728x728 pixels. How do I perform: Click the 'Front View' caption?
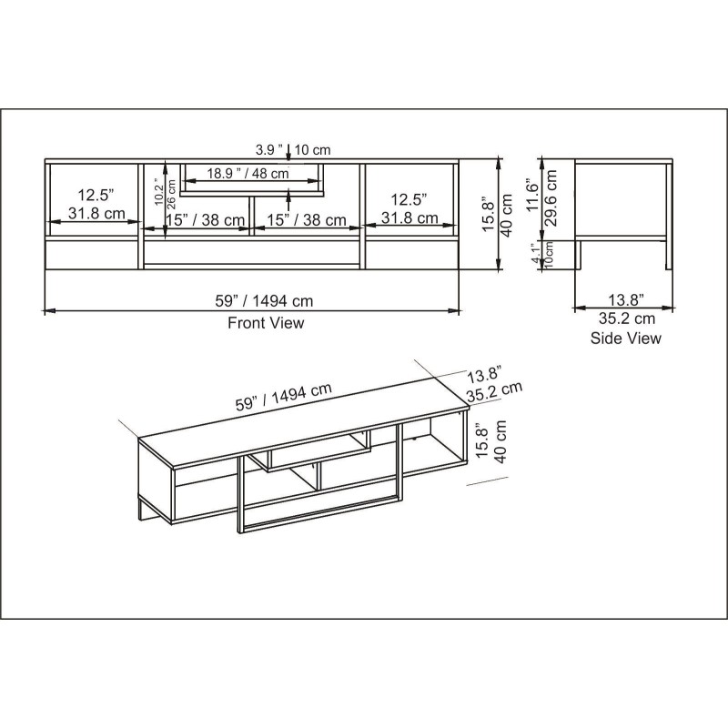pos(266,323)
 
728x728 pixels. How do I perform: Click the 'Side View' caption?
pos(625,339)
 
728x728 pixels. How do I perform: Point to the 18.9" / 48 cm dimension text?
pos(248,174)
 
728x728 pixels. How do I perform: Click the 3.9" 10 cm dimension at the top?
pos(293,149)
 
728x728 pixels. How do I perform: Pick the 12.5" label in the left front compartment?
pos(94,196)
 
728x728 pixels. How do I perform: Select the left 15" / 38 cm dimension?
pos(206,220)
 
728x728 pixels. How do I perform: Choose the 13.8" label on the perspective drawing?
pos(486,374)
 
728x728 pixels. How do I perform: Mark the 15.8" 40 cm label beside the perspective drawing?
pos(492,441)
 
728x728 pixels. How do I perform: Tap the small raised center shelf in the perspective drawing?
pos(314,451)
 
